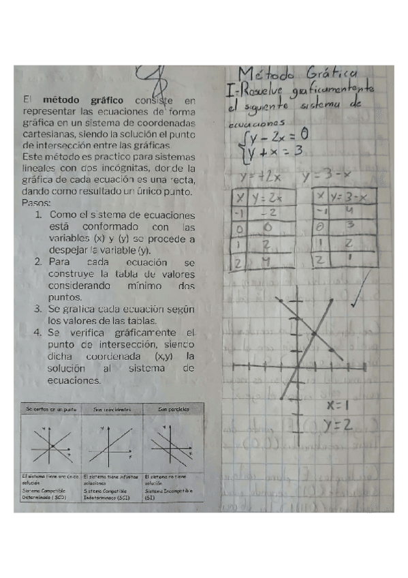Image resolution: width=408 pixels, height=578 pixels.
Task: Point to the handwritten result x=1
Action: pos(338,405)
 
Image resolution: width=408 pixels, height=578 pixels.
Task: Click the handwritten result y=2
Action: pos(338,425)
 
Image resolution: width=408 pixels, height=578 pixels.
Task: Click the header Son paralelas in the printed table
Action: pos(174,409)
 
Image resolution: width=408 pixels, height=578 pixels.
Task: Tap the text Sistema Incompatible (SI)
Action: pos(173,494)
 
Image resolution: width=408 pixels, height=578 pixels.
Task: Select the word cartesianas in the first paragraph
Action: pos(49,134)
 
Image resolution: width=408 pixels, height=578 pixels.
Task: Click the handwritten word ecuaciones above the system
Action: pos(249,125)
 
